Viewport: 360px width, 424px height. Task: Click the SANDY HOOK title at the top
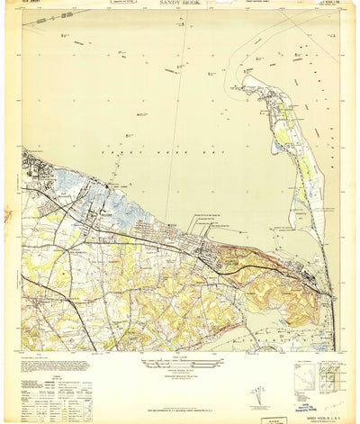[x=181, y=5]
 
